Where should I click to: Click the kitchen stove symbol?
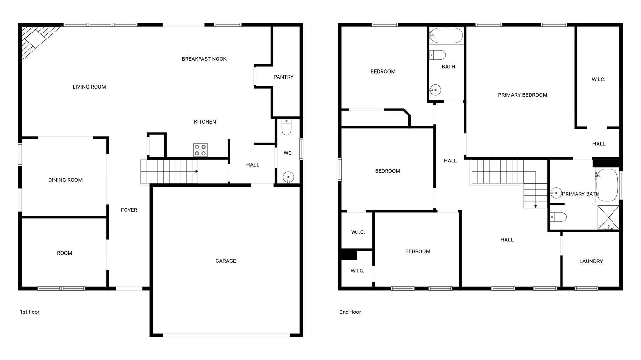[x=200, y=150]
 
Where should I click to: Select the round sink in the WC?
[x=288, y=177]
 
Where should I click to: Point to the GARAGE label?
[x=226, y=261]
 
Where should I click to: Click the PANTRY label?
[x=284, y=77]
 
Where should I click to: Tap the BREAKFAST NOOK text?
[x=204, y=59]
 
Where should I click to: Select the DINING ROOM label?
[x=65, y=180]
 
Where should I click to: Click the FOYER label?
[x=129, y=210]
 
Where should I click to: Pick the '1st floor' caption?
[x=30, y=312]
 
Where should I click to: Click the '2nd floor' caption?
[x=350, y=312]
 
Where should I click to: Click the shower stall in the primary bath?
[x=608, y=217]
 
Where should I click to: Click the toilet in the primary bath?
[x=558, y=217]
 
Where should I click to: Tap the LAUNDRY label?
[x=591, y=261]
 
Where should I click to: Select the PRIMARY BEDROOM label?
[x=522, y=95]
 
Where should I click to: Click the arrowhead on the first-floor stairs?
[x=197, y=171]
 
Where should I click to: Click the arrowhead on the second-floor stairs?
[x=536, y=206]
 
